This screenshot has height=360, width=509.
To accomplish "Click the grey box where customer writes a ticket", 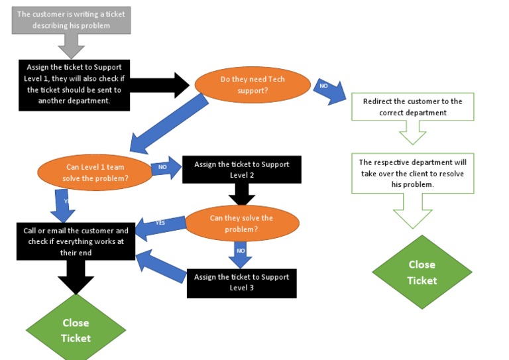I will pos(71,20).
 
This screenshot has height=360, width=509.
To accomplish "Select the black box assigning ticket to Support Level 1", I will pos(74,84).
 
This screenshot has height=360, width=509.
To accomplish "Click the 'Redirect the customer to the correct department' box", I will pos(412,107).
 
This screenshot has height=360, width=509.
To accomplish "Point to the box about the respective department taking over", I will pos(412,173).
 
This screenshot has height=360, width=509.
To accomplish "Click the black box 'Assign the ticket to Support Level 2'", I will pos(241,169).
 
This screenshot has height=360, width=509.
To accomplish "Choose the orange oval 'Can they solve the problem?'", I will pos(242,223).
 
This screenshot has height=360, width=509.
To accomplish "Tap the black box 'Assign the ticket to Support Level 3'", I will pos(241,282).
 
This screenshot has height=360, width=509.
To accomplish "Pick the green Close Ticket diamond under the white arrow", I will pos(422,272).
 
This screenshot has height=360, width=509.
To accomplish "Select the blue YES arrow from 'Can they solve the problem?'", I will pos(161,223).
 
